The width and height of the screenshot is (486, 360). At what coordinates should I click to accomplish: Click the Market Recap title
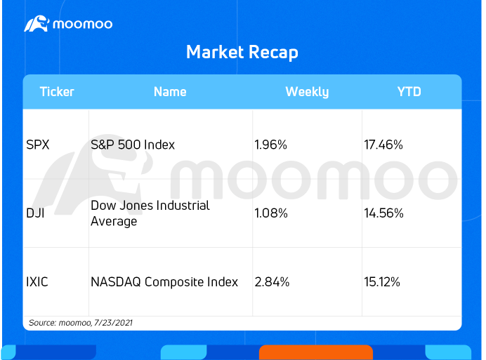coord(242,52)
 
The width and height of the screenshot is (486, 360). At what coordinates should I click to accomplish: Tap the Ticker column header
coord(57,92)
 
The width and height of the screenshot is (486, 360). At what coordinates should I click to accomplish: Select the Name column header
coord(170,92)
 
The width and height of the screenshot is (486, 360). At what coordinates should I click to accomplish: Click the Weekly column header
coord(307,92)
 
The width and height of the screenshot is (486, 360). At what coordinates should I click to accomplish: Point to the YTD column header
coord(409,92)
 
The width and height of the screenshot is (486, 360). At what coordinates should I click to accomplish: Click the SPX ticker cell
coord(38,145)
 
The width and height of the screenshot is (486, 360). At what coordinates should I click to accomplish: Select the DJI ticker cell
coord(35,213)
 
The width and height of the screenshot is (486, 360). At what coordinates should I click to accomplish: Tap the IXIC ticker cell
coord(37,282)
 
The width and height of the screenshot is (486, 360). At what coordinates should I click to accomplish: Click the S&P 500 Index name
coord(133,145)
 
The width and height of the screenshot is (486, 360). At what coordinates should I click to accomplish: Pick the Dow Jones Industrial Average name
coord(150,213)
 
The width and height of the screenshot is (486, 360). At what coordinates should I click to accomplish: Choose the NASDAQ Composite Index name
coord(164,282)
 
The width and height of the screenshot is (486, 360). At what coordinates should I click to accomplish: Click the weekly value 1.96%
coord(271,145)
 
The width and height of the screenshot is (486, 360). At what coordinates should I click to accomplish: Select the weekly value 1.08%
coord(271,213)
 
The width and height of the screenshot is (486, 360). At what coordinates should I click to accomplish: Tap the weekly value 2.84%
coord(272,282)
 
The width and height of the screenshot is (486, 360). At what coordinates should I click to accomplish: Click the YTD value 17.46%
coord(383,145)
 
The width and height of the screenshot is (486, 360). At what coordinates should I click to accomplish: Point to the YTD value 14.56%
coord(383,213)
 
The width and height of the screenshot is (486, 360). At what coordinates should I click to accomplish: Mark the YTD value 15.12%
coord(382,282)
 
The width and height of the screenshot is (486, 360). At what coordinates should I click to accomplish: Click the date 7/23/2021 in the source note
coord(113,323)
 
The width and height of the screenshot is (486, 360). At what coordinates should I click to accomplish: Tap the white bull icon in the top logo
coord(37,24)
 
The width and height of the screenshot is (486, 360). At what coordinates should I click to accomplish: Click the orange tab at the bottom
coord(316,352)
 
